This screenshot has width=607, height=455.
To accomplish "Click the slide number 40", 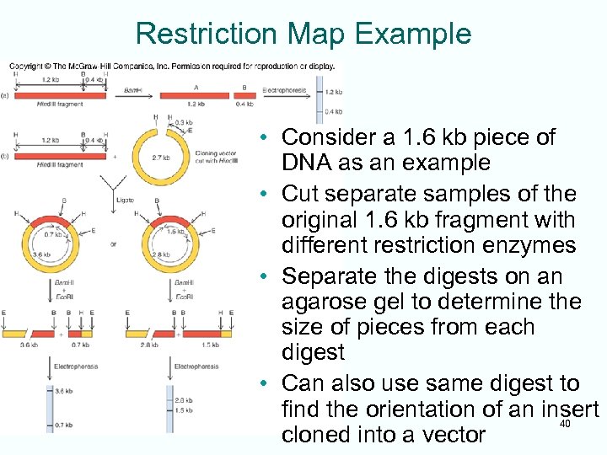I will (x=565, y=424).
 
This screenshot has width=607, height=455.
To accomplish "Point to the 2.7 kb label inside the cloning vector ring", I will (x=159, y=157).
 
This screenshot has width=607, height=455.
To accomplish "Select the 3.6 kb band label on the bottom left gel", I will (x=62, y=391).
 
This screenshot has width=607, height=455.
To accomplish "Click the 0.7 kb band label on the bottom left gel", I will (x=62, y=426).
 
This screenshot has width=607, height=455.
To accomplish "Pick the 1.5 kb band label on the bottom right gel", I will (x=184, y=410).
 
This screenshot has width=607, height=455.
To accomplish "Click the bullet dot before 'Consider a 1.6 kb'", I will (x=265, y=137).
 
